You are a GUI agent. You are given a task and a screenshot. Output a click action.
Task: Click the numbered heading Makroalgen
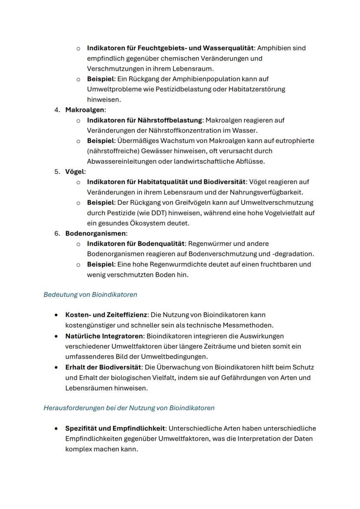(84, 110)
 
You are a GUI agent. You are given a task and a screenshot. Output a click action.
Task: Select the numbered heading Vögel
(75, 172)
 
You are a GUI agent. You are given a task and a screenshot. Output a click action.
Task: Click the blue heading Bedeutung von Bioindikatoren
(90, 295)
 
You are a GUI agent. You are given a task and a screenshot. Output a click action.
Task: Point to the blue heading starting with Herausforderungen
(129, 408)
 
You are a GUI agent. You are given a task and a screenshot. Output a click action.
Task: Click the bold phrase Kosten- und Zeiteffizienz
(106, 314)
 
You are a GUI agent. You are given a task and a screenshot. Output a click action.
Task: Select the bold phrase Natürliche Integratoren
(104, 336)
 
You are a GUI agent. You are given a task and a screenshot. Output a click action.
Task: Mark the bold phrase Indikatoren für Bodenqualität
(136, 243)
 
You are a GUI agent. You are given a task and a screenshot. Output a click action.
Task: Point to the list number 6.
(57, 233)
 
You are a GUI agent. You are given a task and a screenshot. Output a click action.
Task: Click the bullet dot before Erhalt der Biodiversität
(57, 367)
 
